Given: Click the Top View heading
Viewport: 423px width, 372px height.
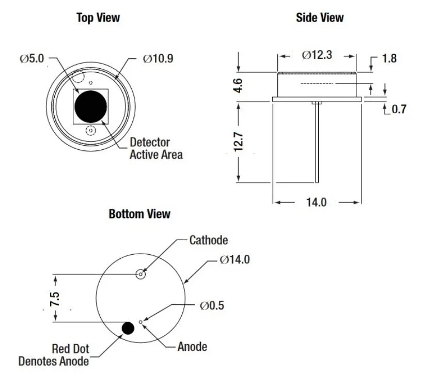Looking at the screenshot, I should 98,18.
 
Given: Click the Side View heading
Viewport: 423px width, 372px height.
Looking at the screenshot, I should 319,18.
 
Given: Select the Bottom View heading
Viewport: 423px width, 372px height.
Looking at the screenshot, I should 139,214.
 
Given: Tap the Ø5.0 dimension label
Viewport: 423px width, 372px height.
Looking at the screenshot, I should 33,59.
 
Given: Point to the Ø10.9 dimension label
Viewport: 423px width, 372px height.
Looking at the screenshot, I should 158,59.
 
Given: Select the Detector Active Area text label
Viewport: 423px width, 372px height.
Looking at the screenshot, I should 155,148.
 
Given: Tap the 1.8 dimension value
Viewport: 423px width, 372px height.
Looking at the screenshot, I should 389,58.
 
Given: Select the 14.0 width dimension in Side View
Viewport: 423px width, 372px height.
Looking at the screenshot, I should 317,202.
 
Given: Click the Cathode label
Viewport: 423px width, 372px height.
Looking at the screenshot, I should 208,240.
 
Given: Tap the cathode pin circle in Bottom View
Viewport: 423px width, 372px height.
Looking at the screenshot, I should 140,274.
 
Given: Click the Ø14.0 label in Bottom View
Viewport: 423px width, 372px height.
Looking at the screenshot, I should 234,259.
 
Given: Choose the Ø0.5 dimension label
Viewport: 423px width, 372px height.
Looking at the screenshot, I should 212,305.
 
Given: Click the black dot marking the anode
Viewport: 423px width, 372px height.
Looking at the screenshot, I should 127,327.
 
